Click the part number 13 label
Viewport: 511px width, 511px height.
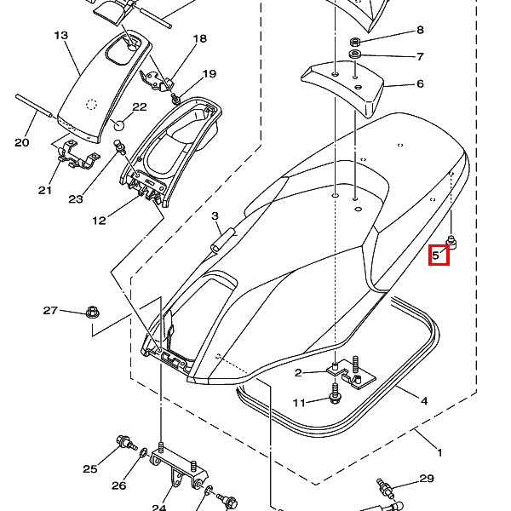(60, 36)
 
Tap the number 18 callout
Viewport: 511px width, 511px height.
(200, 39)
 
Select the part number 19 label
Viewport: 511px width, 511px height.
(210, 74)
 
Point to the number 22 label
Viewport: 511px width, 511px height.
(140, 107)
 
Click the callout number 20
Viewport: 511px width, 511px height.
(22, 142)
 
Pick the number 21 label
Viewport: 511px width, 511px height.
(45, 190)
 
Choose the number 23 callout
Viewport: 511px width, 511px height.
(76, 199)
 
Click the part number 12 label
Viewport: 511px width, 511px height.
(99, 221)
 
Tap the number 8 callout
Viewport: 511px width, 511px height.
(419, 31)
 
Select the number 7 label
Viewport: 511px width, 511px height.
(419, 57)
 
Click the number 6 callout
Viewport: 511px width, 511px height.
(419, 84)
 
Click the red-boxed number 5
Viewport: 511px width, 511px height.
(438, 254)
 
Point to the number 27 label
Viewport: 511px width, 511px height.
(50, 311)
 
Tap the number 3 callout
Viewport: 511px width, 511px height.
(215, 216)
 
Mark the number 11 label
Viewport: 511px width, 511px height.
(299, 403)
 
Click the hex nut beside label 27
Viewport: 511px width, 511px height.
(92, 313)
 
